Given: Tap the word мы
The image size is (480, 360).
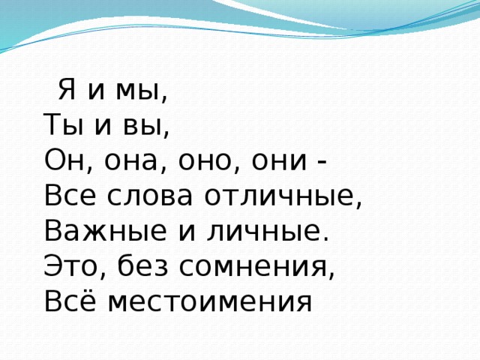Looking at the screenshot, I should pyautogui.click(x=138, y=93).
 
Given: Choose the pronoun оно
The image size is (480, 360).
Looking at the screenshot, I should pyautogui.click(x=197, y=162).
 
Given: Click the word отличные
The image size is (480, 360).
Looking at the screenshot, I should pyautogui.click(x=275, y=196).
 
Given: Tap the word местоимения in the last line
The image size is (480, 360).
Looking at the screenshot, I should pyautogui.click(x=208, y=301).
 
